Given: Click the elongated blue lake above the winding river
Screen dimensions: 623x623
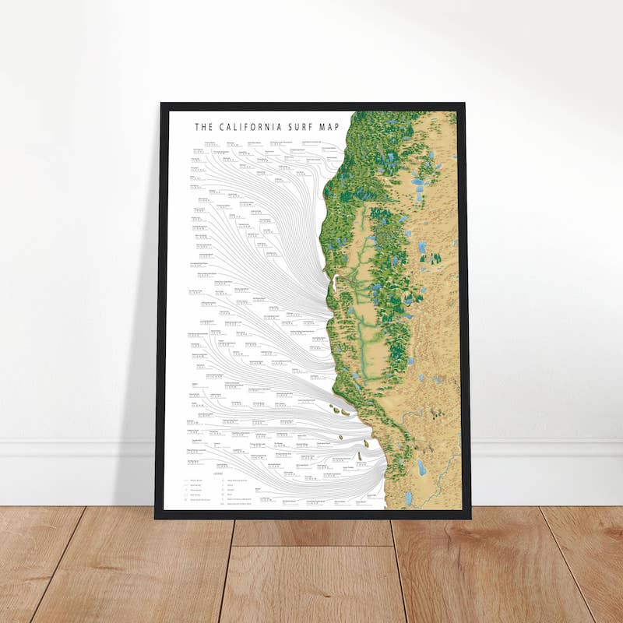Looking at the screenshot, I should [421, 467].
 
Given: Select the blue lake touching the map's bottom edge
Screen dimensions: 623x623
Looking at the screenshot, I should [409, 499].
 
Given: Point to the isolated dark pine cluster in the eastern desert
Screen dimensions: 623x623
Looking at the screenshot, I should [430, 257].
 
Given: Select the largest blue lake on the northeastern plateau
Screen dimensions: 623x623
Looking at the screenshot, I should [417, 184].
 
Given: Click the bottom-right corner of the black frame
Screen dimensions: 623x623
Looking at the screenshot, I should [470, 516].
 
